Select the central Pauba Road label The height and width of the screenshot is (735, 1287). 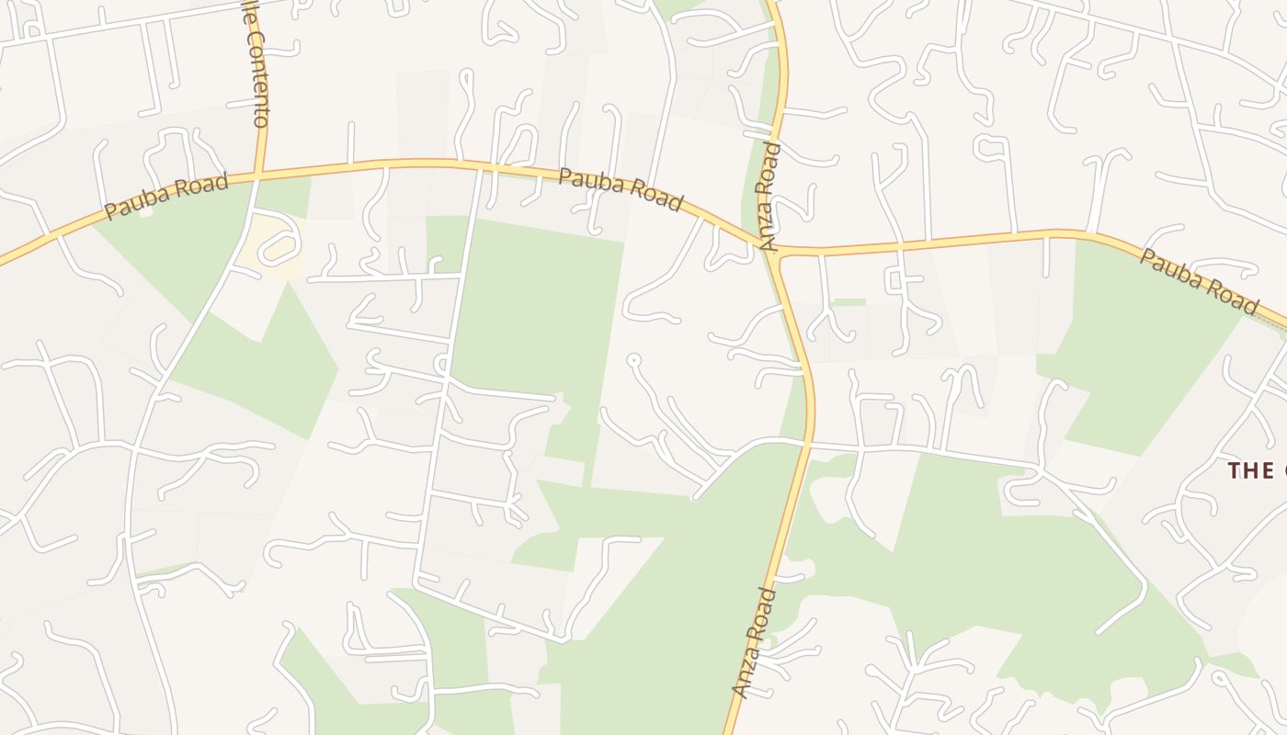coord(621,188)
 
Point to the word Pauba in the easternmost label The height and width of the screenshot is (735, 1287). coord(1169,267)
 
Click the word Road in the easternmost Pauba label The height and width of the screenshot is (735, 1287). coord(1231,297)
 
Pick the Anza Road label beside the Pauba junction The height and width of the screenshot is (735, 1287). coord(769,197)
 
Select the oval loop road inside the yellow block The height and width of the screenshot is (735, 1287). coord(279,245)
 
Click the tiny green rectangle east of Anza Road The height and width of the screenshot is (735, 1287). coord(848,301)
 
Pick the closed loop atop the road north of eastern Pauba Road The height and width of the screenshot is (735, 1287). coord(992,145)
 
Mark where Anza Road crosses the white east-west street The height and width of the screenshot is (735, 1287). coord(808,444)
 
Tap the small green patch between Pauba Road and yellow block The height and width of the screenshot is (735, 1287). coord(282,196)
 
